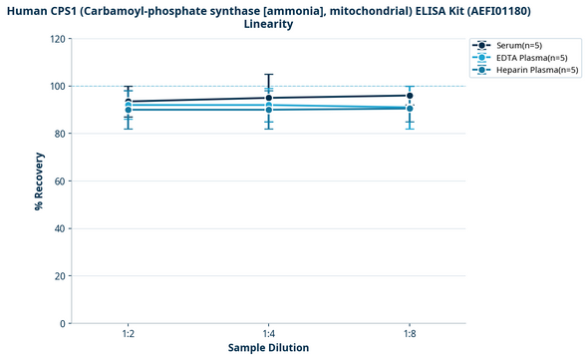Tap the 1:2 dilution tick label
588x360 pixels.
[129, 334]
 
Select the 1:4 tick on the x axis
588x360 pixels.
[269, 334]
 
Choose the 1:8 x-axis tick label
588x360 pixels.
[410, 334]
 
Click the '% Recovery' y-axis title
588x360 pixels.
[39, 181]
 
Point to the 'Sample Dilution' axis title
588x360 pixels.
[268, 348]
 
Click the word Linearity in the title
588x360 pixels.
[268, 24]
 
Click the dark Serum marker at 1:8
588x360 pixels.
[410, 96]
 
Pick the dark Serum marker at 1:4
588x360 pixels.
[269, 98]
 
